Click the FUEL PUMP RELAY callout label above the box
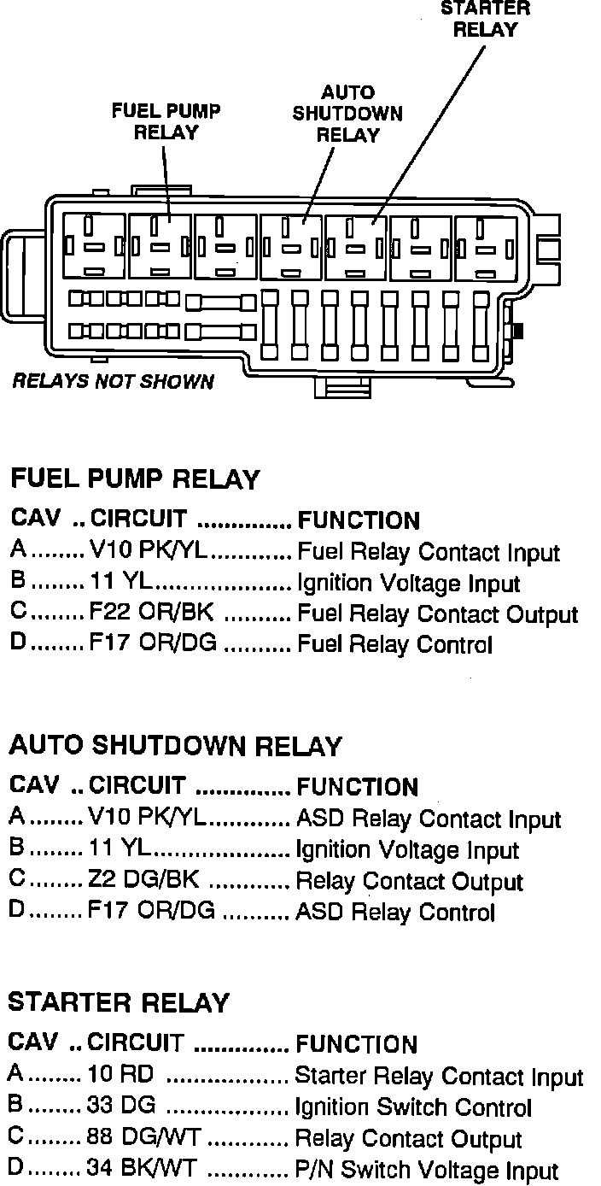point(166,122)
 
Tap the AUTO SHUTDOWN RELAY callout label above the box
point(347,114)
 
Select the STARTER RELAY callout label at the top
point(485,19)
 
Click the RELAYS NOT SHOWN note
point(114,381)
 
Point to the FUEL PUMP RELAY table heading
point(134,479)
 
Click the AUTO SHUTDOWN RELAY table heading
point(175,746)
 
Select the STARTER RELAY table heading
point(119,1002)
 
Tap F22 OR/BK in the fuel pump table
point(152,614)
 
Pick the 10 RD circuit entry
point(120,1074)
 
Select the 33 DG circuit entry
point(121,1106)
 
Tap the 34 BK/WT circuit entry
point(146,1168)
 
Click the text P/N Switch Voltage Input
point(426,1170)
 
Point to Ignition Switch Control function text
point(413,1107)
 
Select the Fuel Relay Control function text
point(394,644)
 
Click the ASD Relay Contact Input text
point(428,819)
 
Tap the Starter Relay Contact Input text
point(439,1076)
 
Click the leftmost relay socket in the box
point(94,245)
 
